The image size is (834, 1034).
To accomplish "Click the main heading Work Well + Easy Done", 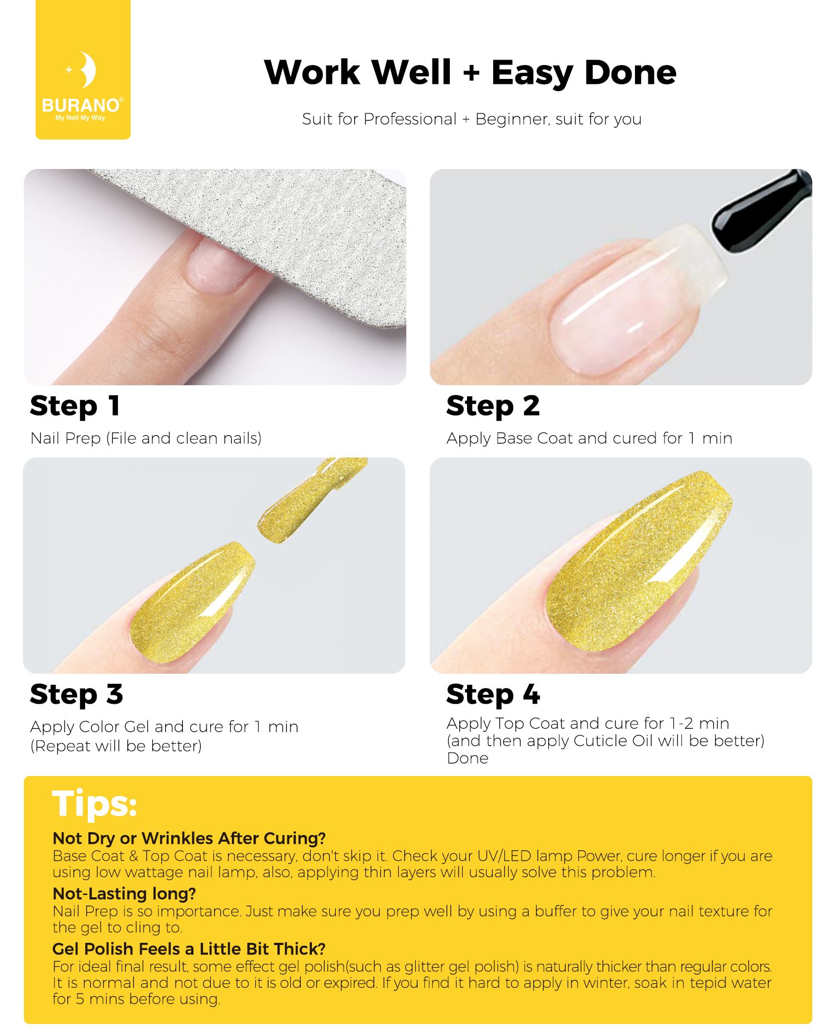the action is (470, 72).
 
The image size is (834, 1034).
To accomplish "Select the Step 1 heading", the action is (75, 406).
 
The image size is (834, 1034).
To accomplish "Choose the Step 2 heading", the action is (493, 406).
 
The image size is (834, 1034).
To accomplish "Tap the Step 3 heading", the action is (76, 694).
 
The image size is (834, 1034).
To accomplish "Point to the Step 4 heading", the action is (493, 694).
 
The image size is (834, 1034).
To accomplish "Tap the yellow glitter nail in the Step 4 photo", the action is (639, 561).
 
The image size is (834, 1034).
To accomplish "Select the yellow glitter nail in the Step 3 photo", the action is (192, 603).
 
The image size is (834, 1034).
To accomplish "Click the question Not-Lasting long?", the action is (124, 893).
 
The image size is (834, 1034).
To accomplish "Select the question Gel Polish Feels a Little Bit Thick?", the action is (188, 948).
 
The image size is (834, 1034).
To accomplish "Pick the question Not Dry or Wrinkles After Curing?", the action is (188, 838).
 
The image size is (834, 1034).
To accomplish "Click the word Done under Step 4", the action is (468, 758).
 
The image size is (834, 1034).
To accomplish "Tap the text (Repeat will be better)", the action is (116, 746).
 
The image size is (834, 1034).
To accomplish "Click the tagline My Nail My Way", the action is (81, 118).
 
